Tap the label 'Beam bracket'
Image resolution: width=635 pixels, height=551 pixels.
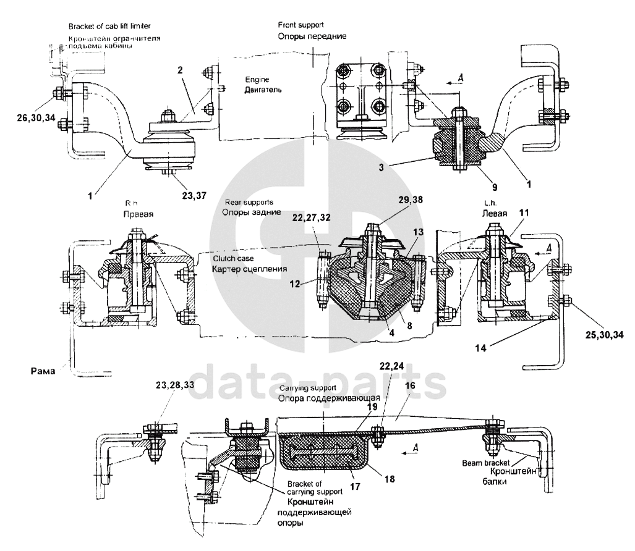pyautogui.click(x=484, y=462)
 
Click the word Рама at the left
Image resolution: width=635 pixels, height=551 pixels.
pyautogui.click(x=44, y=371)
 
